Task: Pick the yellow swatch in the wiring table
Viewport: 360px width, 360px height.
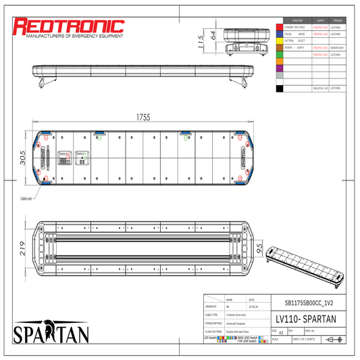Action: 279,41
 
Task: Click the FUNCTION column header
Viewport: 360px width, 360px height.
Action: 297,20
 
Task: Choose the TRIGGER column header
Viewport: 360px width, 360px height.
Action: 338,20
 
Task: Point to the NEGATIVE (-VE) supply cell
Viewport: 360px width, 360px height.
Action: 320,88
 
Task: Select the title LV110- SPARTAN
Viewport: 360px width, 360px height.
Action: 308,318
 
